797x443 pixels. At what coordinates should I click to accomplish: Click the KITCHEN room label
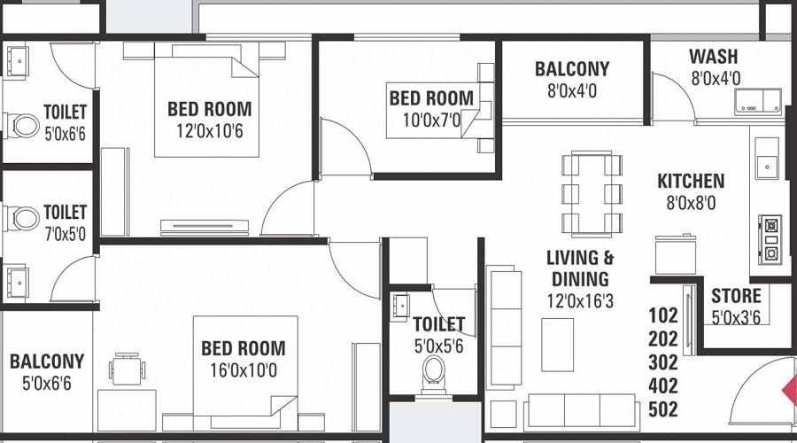[x=690, y=181]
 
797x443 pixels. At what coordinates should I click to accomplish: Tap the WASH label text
[x=713, y=57]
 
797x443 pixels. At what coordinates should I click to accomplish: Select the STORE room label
[x=736, y=296]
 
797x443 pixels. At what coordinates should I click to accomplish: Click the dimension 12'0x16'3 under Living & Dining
[x=580, y=301]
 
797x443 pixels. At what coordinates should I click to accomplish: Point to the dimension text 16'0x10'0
[x=244, y=370]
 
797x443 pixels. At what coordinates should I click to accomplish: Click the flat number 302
[x=662, y=362]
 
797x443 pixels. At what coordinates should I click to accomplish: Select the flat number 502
[x=662, y=409]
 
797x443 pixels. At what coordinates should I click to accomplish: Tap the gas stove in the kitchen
[x=770, y=239]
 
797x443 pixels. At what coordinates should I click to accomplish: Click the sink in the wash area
[x=757, y=100]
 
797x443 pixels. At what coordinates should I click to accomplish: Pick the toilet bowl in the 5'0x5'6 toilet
[x=434, y=374]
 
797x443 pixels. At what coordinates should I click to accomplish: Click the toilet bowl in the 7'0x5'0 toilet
[x=21, y=218]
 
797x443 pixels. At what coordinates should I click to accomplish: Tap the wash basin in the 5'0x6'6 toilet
[x=17, y=61]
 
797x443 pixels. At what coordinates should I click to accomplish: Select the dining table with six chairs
[x=592, y=194]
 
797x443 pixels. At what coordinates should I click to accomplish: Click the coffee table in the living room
[x=557, y=345]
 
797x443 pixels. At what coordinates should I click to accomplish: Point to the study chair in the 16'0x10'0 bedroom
[x=127, y=369]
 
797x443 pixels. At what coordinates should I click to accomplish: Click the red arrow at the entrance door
[x=790, y=391]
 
